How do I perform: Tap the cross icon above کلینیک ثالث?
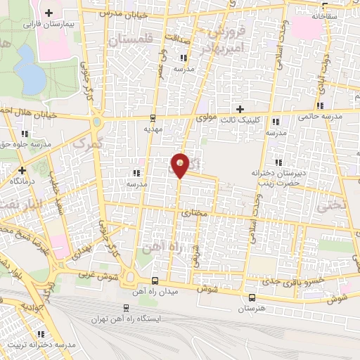(x=241, y=109)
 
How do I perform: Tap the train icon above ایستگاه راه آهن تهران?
(x=125, y=307)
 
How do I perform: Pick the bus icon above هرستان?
(x=252, y=298)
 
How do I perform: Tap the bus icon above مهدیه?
(x=153, y=117)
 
